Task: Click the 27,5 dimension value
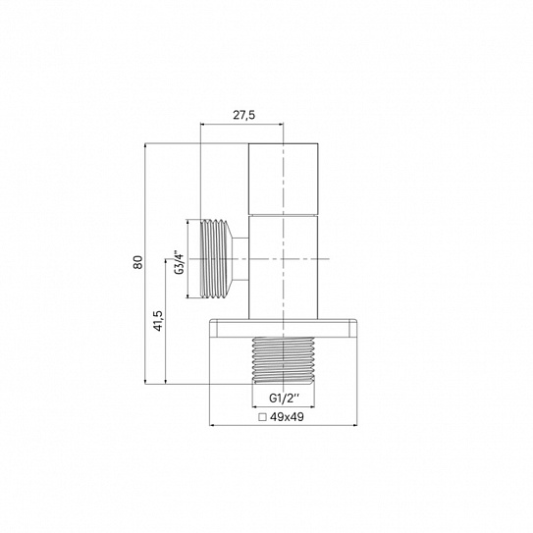click(243, 115)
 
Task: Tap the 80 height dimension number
click(138, 262)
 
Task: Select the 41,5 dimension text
click(158, 321)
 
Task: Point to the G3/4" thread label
click(180, 262)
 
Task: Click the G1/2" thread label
click(285, 398)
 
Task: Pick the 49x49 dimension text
click(287, 417)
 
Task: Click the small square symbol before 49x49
click(262, 417)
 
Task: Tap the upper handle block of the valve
click(283, 180)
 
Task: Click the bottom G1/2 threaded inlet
click(283, 360)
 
